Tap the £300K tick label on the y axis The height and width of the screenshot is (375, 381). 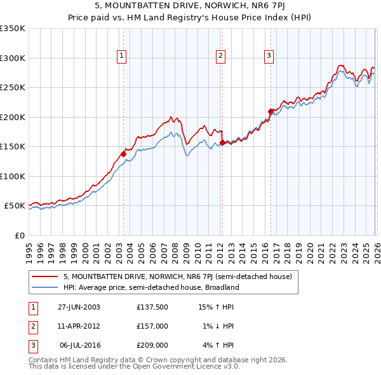coord(13,58)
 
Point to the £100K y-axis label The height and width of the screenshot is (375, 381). coord(13,176)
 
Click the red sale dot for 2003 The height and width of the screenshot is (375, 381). coord(123,154)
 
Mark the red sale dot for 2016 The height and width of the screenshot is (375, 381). coord(270,111)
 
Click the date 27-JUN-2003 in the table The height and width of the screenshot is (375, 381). coord(79,306)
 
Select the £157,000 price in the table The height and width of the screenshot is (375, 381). coord(152,326)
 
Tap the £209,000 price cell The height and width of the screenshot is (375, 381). coord(152,346)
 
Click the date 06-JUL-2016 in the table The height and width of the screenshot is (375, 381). coord(79,346)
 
